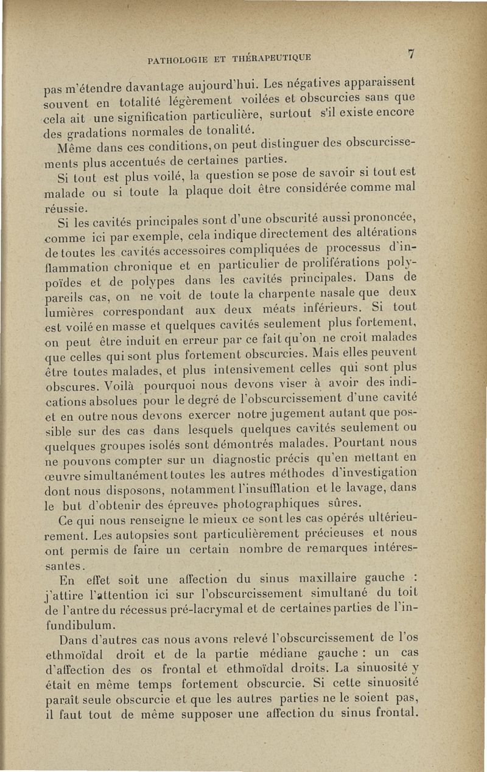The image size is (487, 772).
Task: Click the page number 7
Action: (412, 54)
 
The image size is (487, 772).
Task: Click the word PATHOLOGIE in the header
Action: (177, 59)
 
